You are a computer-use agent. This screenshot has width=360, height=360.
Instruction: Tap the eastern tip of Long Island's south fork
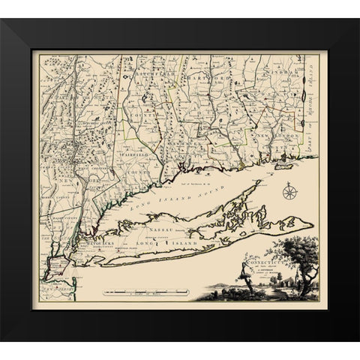pos(312,226)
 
